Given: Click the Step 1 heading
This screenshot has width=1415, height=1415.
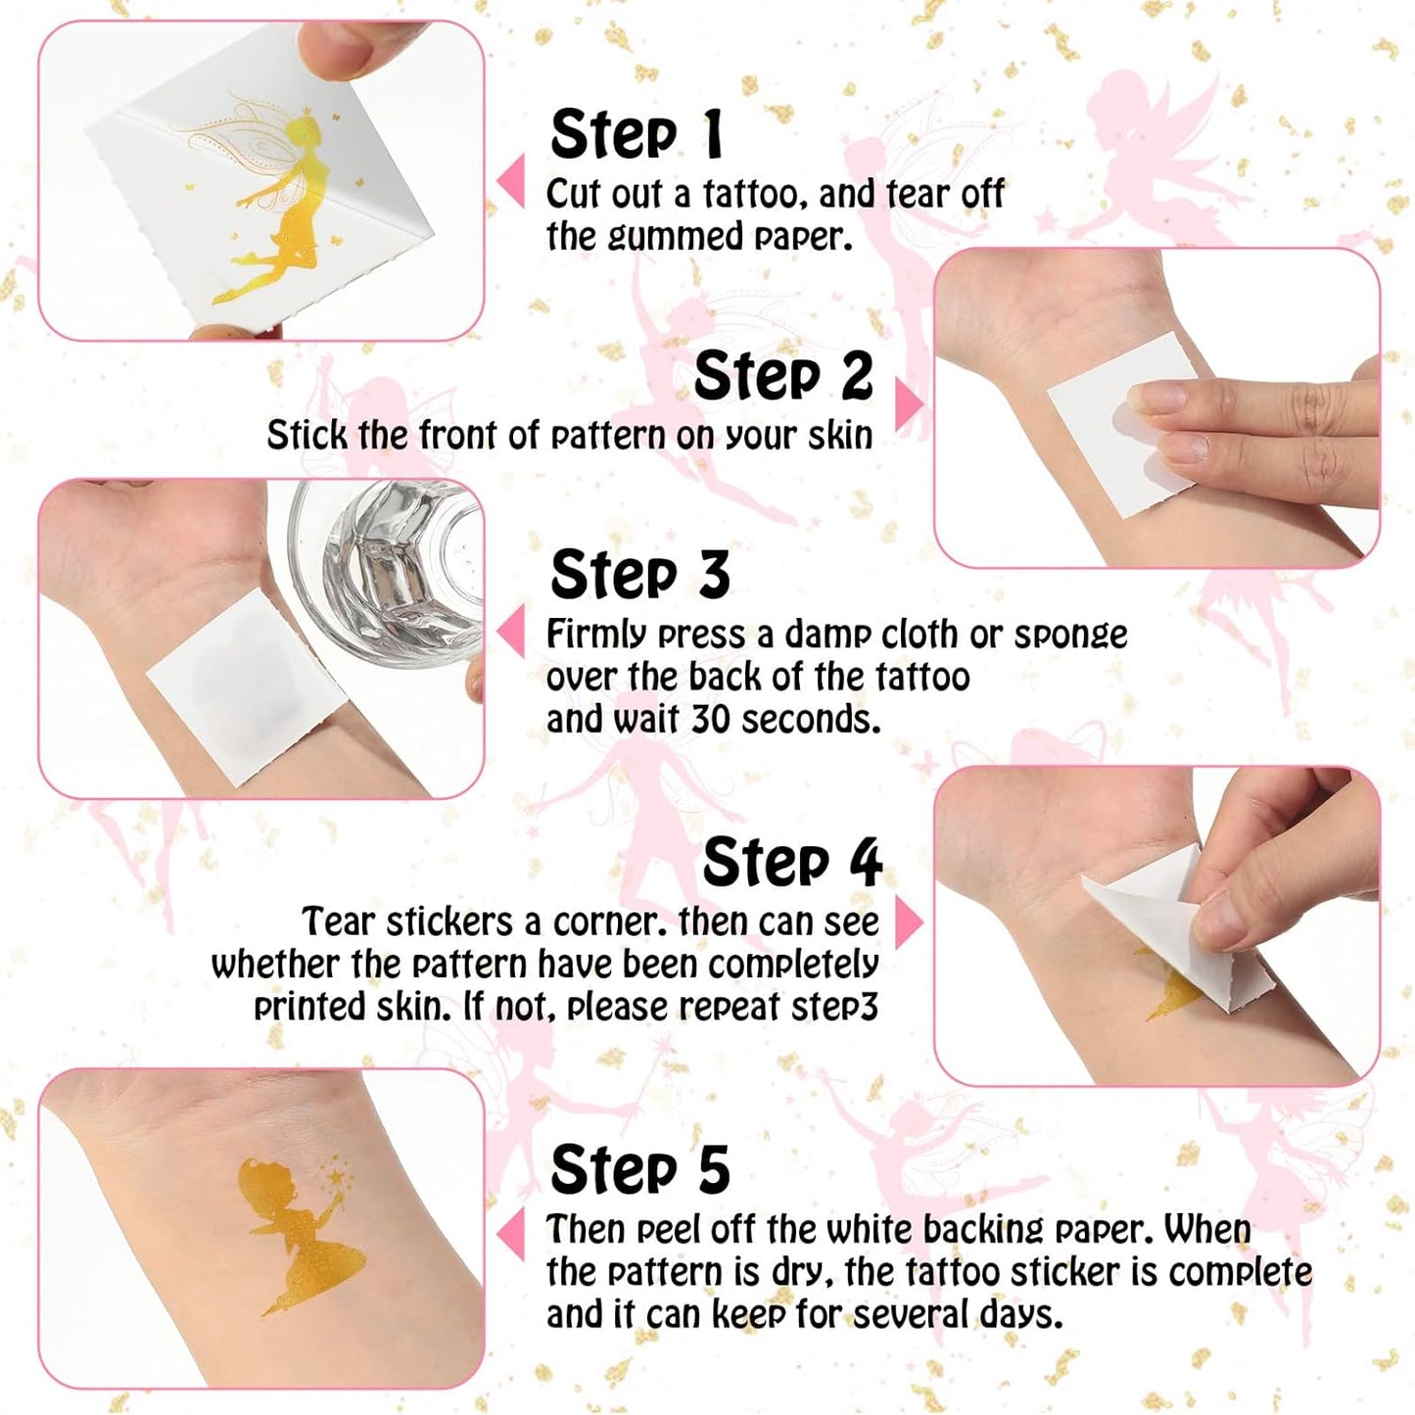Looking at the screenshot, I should [x=637, y=134].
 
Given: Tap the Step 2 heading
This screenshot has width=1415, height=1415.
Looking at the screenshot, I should [x=782, y=376].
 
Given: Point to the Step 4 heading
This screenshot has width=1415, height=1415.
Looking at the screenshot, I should [x=791, y=863].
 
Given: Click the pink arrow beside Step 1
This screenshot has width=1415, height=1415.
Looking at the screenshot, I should [x=511, y=183].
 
